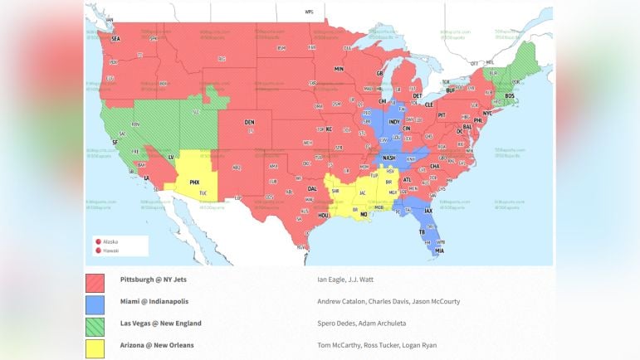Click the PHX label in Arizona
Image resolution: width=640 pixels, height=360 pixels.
click(x=194, y=182)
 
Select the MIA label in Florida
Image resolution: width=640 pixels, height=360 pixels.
click(x=439, y=251)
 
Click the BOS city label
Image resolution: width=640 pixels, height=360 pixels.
click(x=510, y=95)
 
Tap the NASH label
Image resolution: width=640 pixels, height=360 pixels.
click(x=388, y=158)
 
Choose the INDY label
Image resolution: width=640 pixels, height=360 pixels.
click(x=394, y=121)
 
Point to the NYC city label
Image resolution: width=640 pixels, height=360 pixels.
click(x=487, y=113)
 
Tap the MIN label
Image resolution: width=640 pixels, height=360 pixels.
click(x=339, y=69)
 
